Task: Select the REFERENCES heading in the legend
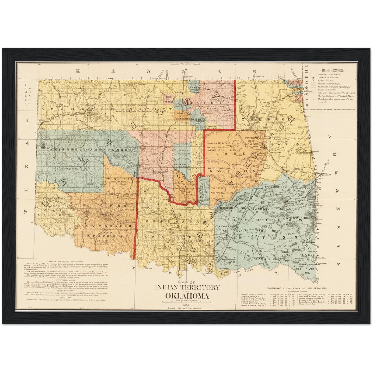click(332, 70)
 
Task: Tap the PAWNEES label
click(198, 120)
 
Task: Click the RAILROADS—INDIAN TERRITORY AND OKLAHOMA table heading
click(297, 287)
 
